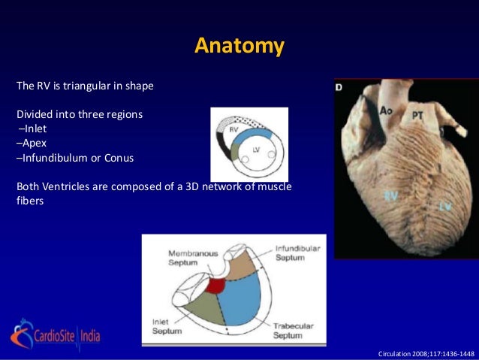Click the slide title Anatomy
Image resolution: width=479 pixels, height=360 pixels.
[239, 46]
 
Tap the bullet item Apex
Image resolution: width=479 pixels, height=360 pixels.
[33, 144]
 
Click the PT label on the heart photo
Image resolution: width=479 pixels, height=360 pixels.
[420, 116]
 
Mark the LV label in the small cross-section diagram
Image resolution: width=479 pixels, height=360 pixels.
[257, 151]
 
